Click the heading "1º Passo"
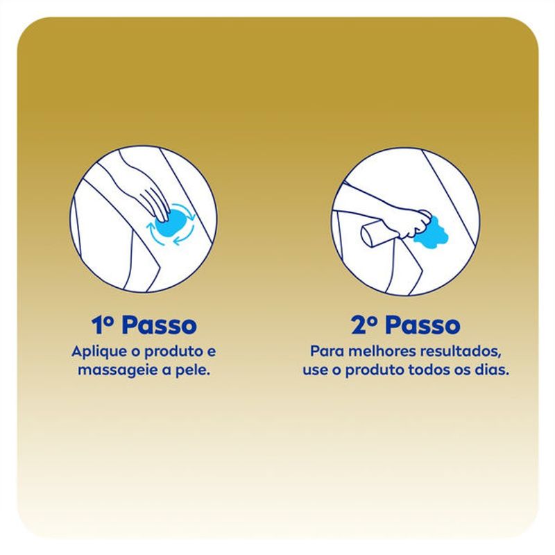[144, 325]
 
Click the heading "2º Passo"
[406, 325]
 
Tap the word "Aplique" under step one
[94, 352]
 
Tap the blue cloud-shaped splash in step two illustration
[432, 232]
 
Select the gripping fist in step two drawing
[415, 223]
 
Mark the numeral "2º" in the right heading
[365, 325]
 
